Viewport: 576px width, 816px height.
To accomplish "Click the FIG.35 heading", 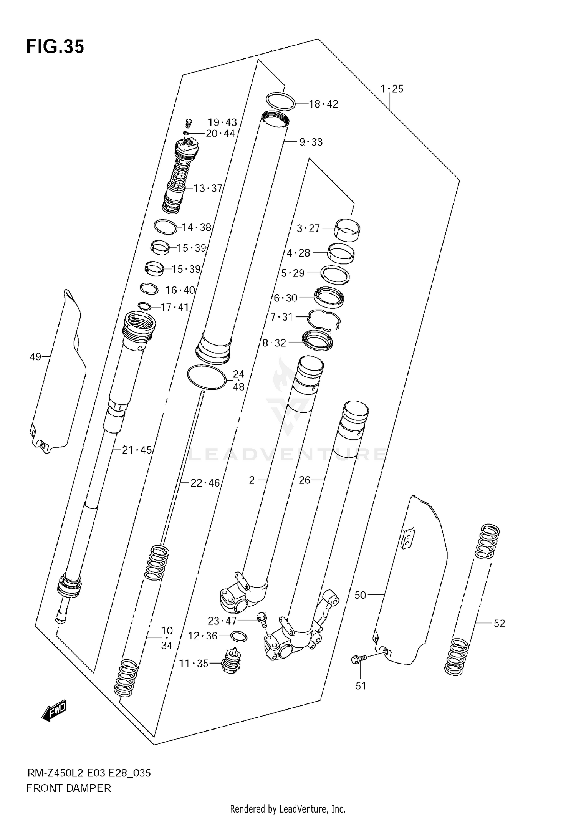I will pyautogui.click(x=55, y=47).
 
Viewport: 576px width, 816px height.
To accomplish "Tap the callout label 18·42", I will pyautogui.click(x=324, y=104).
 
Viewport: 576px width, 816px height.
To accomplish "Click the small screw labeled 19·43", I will pyautogui.click(x=188, y=123).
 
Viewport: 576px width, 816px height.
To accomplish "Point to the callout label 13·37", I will pyautogui.click(x=208, y=188).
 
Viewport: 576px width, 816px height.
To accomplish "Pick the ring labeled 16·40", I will pyautogui.click(x=149, y=288).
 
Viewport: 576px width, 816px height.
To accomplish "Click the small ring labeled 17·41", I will pyautogui.click(x=144, y=306).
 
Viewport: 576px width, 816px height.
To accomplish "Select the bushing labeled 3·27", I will pyautogui.click(x=348, y=230).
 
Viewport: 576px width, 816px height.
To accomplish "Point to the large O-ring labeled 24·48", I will pyautogui.click(x=207, y=377).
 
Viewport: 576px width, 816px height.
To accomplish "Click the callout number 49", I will pyautogui.click(x=35, y=357).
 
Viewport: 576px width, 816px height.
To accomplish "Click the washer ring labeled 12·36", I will pyautogui.click(x=238, y=637).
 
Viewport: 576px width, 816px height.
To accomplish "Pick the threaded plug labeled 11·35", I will pyautogui.click(x=231, y=662).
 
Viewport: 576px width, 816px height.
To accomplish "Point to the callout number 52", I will pyautogui.click(x=499, y=623).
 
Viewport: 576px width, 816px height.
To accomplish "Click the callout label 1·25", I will pyautogui.click(x=392, y=89).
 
